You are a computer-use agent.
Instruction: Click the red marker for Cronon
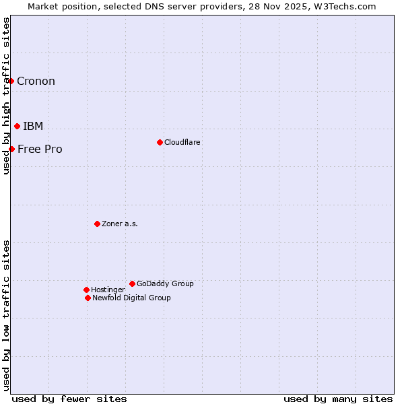(x=11, y=81)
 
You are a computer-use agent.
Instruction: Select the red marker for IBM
(x=17, y=126)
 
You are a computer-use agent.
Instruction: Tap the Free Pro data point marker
(x=12, y=149)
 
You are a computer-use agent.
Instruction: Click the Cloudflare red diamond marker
(x=160, y=142)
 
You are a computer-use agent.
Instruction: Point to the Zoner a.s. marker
(x=97, y=224)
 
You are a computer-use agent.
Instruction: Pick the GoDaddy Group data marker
(x=132, y=283)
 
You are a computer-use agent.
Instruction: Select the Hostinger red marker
(x=86, y=290)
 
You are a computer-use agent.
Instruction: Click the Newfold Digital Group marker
(x=88, y=298)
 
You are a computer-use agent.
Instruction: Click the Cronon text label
(x=36, y=81)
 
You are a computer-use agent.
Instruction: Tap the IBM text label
(x=33, y=127)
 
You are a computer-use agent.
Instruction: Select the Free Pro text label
(x=40, y=149)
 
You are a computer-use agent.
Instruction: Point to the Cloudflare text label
(x=182, y=143)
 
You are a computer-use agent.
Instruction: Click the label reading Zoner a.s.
(x=120, y=224)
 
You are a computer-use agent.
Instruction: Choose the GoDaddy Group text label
(x=165, y=284)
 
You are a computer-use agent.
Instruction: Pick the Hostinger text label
(x=108, y=290)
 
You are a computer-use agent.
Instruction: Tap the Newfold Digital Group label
(x=131, y=298)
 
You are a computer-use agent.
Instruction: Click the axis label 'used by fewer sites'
(x=69, y=399)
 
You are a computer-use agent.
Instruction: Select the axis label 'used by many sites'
(x=338, y=399)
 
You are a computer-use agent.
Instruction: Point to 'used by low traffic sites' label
(x=6, y=314)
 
